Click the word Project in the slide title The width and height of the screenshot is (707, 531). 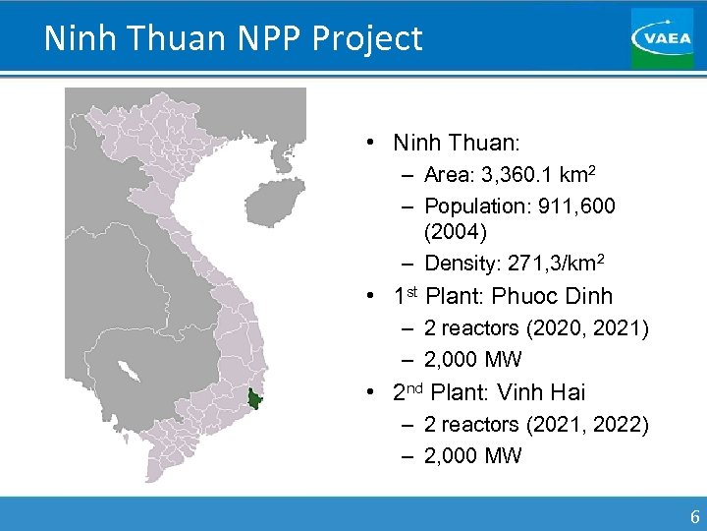pos(367,38)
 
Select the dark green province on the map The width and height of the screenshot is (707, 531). pos(256,399)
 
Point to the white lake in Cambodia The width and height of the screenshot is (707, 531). pos(127,372)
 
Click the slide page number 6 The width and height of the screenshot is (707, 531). pos(694,517)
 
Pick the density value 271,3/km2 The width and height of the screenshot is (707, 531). pos(551,264)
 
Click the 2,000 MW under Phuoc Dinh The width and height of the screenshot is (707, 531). pos(472,359)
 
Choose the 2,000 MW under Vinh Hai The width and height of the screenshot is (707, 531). pos(472,455)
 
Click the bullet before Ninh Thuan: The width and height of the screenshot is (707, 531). pos(366,144)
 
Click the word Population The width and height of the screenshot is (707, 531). pos(470,206)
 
